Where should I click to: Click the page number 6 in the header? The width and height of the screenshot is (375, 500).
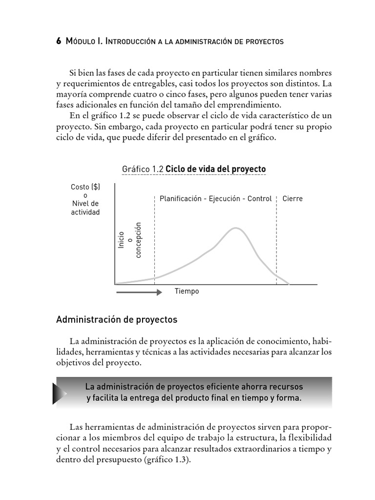(x=59, y=42)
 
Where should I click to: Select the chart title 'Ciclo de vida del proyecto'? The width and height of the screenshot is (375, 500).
(x=216, y=169)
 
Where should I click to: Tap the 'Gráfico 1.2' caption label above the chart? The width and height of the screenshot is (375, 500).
(x=142, y=169)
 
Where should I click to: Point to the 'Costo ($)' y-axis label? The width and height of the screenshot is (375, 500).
(x=85, y=187)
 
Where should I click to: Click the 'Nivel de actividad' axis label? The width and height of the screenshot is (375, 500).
(x=85, y=208)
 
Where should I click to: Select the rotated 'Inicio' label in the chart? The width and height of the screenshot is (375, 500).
(x=121, y=239)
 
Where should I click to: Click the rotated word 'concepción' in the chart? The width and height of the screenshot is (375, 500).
(x=138, y=240)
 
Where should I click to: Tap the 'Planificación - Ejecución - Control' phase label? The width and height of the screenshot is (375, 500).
(x=215, y=199)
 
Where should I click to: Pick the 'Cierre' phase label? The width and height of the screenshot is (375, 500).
(x=292, y=199)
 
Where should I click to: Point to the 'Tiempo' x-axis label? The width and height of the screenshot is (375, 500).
(x=187, y=292)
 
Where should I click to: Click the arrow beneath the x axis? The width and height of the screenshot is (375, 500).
(x=139, y=292)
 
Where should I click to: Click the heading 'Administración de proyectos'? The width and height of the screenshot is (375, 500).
(x=117, y=320)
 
